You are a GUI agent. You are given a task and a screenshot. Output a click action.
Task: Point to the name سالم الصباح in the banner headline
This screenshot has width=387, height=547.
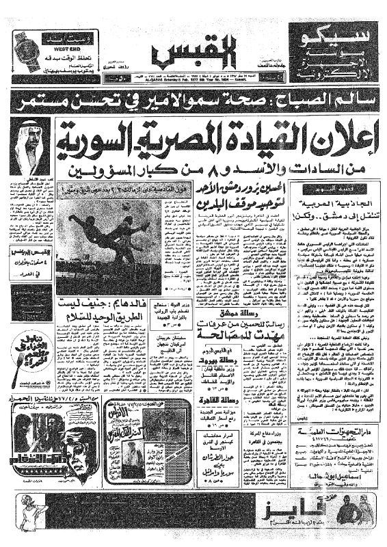tap(322, 101)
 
